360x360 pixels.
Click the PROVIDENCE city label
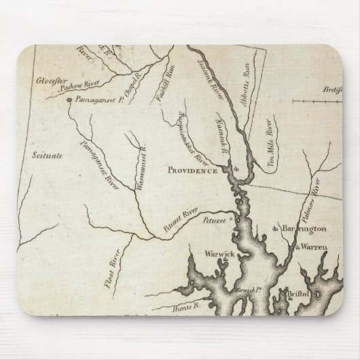pyautogui.click(x=194, y=171)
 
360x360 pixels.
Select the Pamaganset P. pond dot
pyautogui.click(x=69, y=103)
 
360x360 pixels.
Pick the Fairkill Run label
pyautogui.click(x=164, y=103)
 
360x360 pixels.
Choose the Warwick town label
pyautogui.click(x=220, y=255)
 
